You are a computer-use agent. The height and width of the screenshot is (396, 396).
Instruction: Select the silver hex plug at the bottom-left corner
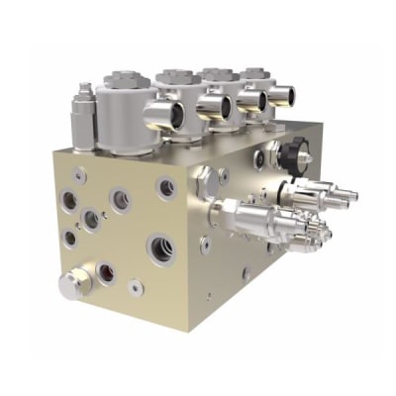click(x=72, y=285)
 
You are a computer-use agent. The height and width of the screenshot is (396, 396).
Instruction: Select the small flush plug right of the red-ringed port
click(x=135, y=286)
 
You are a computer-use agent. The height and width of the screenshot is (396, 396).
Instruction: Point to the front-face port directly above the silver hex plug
click(x=69, y=238)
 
